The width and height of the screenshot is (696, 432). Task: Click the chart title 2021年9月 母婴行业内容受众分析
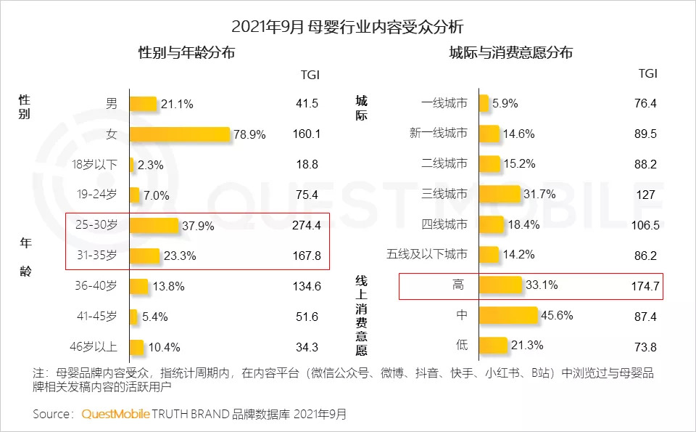pos(347,28)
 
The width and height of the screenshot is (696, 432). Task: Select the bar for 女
pos(180,134)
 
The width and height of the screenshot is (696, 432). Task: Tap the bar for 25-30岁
pos(154,225)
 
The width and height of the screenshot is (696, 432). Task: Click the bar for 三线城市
pos(500,194)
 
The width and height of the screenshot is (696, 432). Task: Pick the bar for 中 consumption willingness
pos(508,315)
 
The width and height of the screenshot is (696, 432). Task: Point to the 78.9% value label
pos(249,135)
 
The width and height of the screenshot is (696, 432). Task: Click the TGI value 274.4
pos(307,226)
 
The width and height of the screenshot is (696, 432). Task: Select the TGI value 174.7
pos(645,286)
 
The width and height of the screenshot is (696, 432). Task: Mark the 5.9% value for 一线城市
pos(505,104)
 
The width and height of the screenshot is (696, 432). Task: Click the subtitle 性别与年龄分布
pos(186,54)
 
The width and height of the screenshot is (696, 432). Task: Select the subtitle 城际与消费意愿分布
pos(511,54)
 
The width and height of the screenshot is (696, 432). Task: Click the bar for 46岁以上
pos(137,346)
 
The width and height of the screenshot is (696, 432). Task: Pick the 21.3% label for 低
pos(526,346)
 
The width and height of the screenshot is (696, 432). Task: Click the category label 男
pos(112,104)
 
